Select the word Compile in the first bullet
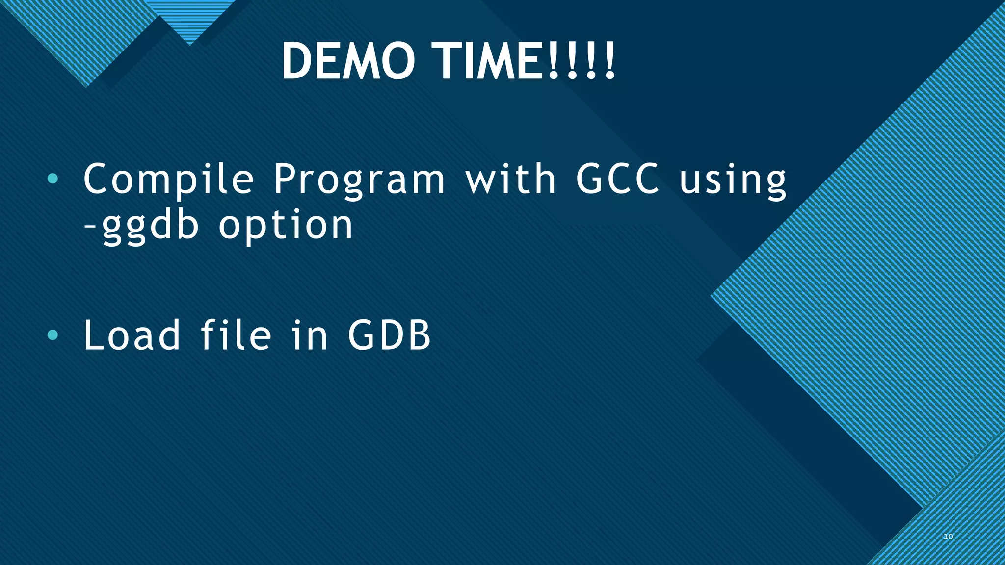(x=168, y=180)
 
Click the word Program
(x=359, y=180)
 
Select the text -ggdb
(x=142, y=226)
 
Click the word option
(x=286, y=226)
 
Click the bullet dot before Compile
(x=53, y=180)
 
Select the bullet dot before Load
(x=53, y=335)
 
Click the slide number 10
(x=948, y=537)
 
